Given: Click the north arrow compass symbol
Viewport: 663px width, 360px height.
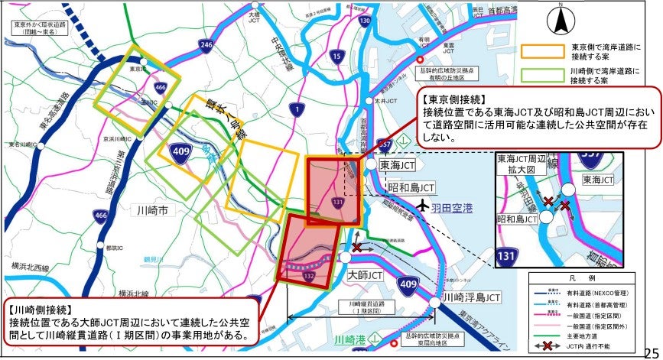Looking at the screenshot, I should click(x=561, y=21).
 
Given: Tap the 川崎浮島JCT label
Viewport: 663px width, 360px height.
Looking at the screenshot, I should click(x=472, y=297).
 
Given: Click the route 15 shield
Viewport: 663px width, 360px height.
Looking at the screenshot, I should click(x=336, y=56).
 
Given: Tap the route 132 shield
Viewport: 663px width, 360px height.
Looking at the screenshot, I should click(x=309, y=274).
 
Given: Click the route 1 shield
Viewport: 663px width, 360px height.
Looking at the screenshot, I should click(x=295, y=112).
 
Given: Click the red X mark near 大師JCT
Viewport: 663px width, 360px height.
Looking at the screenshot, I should click(x=356, y=248).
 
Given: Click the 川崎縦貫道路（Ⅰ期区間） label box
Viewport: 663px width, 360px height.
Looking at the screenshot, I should click(x=362, y=307).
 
